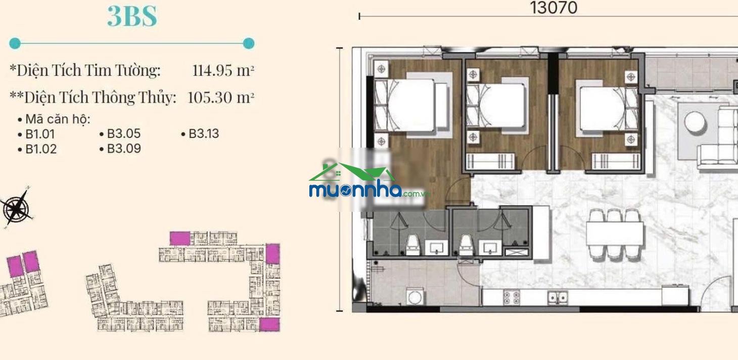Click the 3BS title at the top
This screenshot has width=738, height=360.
pos(132,16)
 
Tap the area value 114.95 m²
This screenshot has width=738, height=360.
pos(223,70)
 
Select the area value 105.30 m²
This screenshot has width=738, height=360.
pos(221,97)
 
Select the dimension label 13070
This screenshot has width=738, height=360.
pos(553,8)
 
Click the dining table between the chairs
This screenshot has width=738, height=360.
pos(615,234)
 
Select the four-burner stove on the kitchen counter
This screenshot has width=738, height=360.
pos(512,297)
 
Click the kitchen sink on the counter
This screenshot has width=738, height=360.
pos(557,298)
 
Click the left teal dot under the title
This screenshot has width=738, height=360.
pos(15,43)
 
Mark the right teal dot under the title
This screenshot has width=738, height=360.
pos(249,43)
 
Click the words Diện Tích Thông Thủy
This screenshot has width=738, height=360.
pos(100,98)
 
